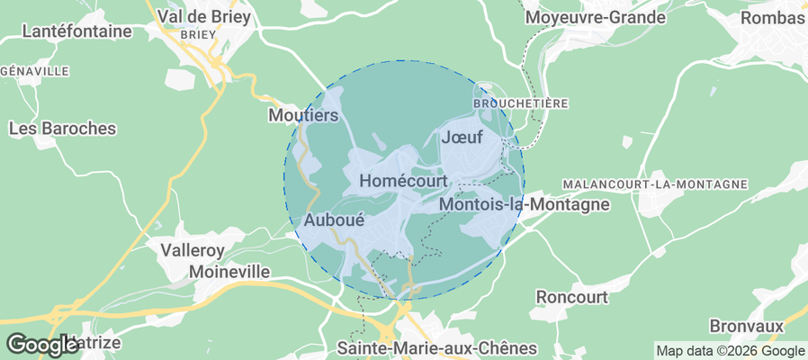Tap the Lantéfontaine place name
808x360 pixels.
click(76, 31)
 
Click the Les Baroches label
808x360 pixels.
click(62, 128)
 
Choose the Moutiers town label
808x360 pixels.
click(303, 115)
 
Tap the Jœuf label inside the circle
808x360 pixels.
click(462, 138)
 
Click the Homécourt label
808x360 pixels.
click(403, 181)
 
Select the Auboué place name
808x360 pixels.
click(334, 219)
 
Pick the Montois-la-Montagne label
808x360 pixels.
click(525, 204)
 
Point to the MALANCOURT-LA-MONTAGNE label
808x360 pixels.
click(655, 184)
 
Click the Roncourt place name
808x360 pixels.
click(571, 296)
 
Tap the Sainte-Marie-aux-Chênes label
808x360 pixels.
click(436, 347)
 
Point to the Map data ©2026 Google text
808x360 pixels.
click(731, 351)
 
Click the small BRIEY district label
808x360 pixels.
click(198, 34)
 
